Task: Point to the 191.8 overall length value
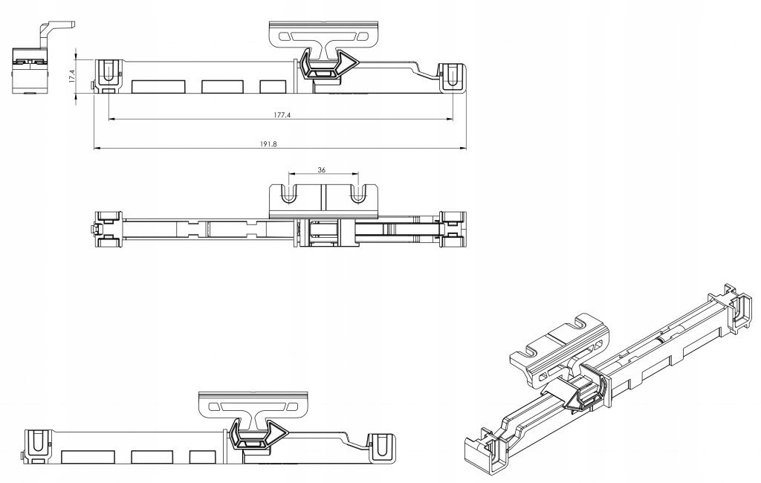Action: click(268, 145)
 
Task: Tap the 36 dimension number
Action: click(321, 169)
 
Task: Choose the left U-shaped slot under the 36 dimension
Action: click(288, 195)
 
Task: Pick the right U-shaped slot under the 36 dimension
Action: click(357, 195)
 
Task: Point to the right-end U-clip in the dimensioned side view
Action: click(451, 77)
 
